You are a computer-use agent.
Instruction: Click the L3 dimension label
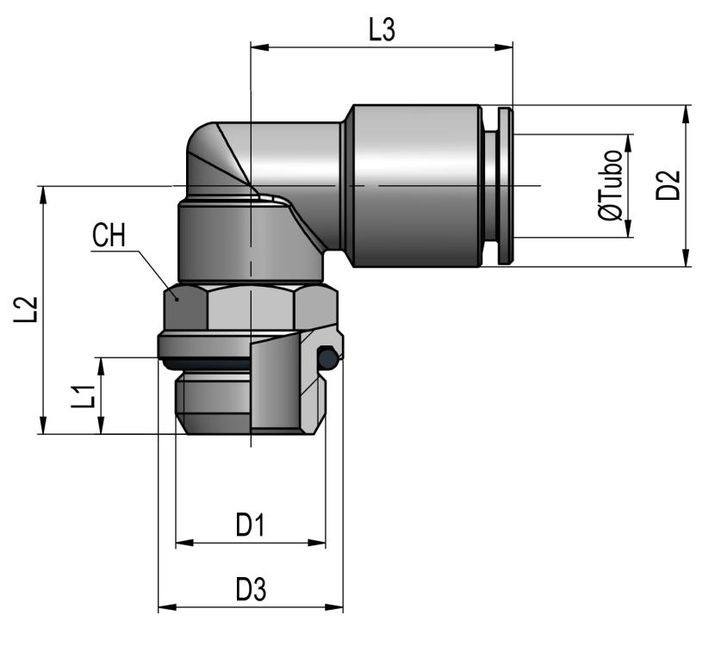(x=382, y=31)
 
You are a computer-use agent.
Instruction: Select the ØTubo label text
(x=612, y=186)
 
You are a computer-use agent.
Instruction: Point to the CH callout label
(x=109, y=236)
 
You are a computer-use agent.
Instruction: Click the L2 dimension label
(x=29, y=310)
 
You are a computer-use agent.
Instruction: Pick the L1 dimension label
(x=83, y=397)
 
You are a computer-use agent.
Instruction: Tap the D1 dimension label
(x=250, y=525)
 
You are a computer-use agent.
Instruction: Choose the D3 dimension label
(x=250, y=590)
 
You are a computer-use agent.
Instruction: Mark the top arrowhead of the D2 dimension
(x=687, y=111)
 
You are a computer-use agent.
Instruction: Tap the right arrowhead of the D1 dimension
(x=320, y=544)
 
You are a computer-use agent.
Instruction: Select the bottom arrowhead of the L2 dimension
(x=42, y=429)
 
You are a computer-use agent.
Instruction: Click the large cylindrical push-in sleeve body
(x=413, y=185)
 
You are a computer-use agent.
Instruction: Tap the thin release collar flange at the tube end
(x=505, y=186)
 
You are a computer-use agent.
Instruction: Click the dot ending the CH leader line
(x=176, y=295)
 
